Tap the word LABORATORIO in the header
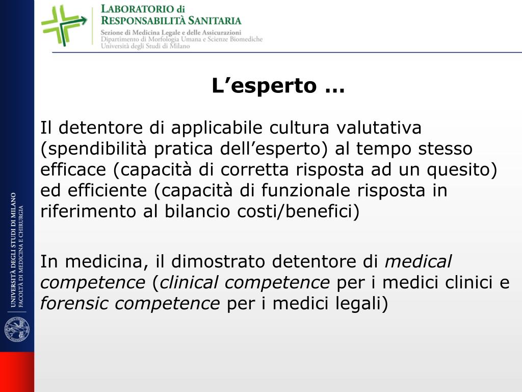136,9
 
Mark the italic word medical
418,262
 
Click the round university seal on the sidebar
17,329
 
